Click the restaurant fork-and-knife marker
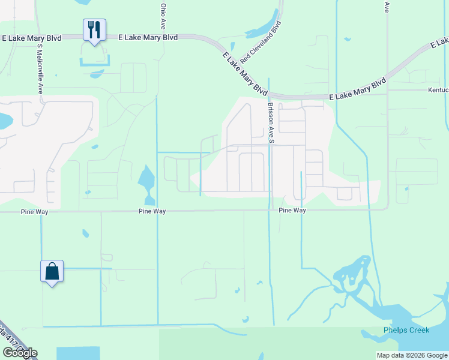click(94, 29)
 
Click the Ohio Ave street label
click(163, 16)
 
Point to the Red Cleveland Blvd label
click(261, 43)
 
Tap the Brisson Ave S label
click(271, 122)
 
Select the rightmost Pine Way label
click(292, 211)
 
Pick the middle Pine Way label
click(152, 211)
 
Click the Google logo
click(20, 353)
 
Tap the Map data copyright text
click(411, 355)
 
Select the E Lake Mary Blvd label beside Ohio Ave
click(148, 37)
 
